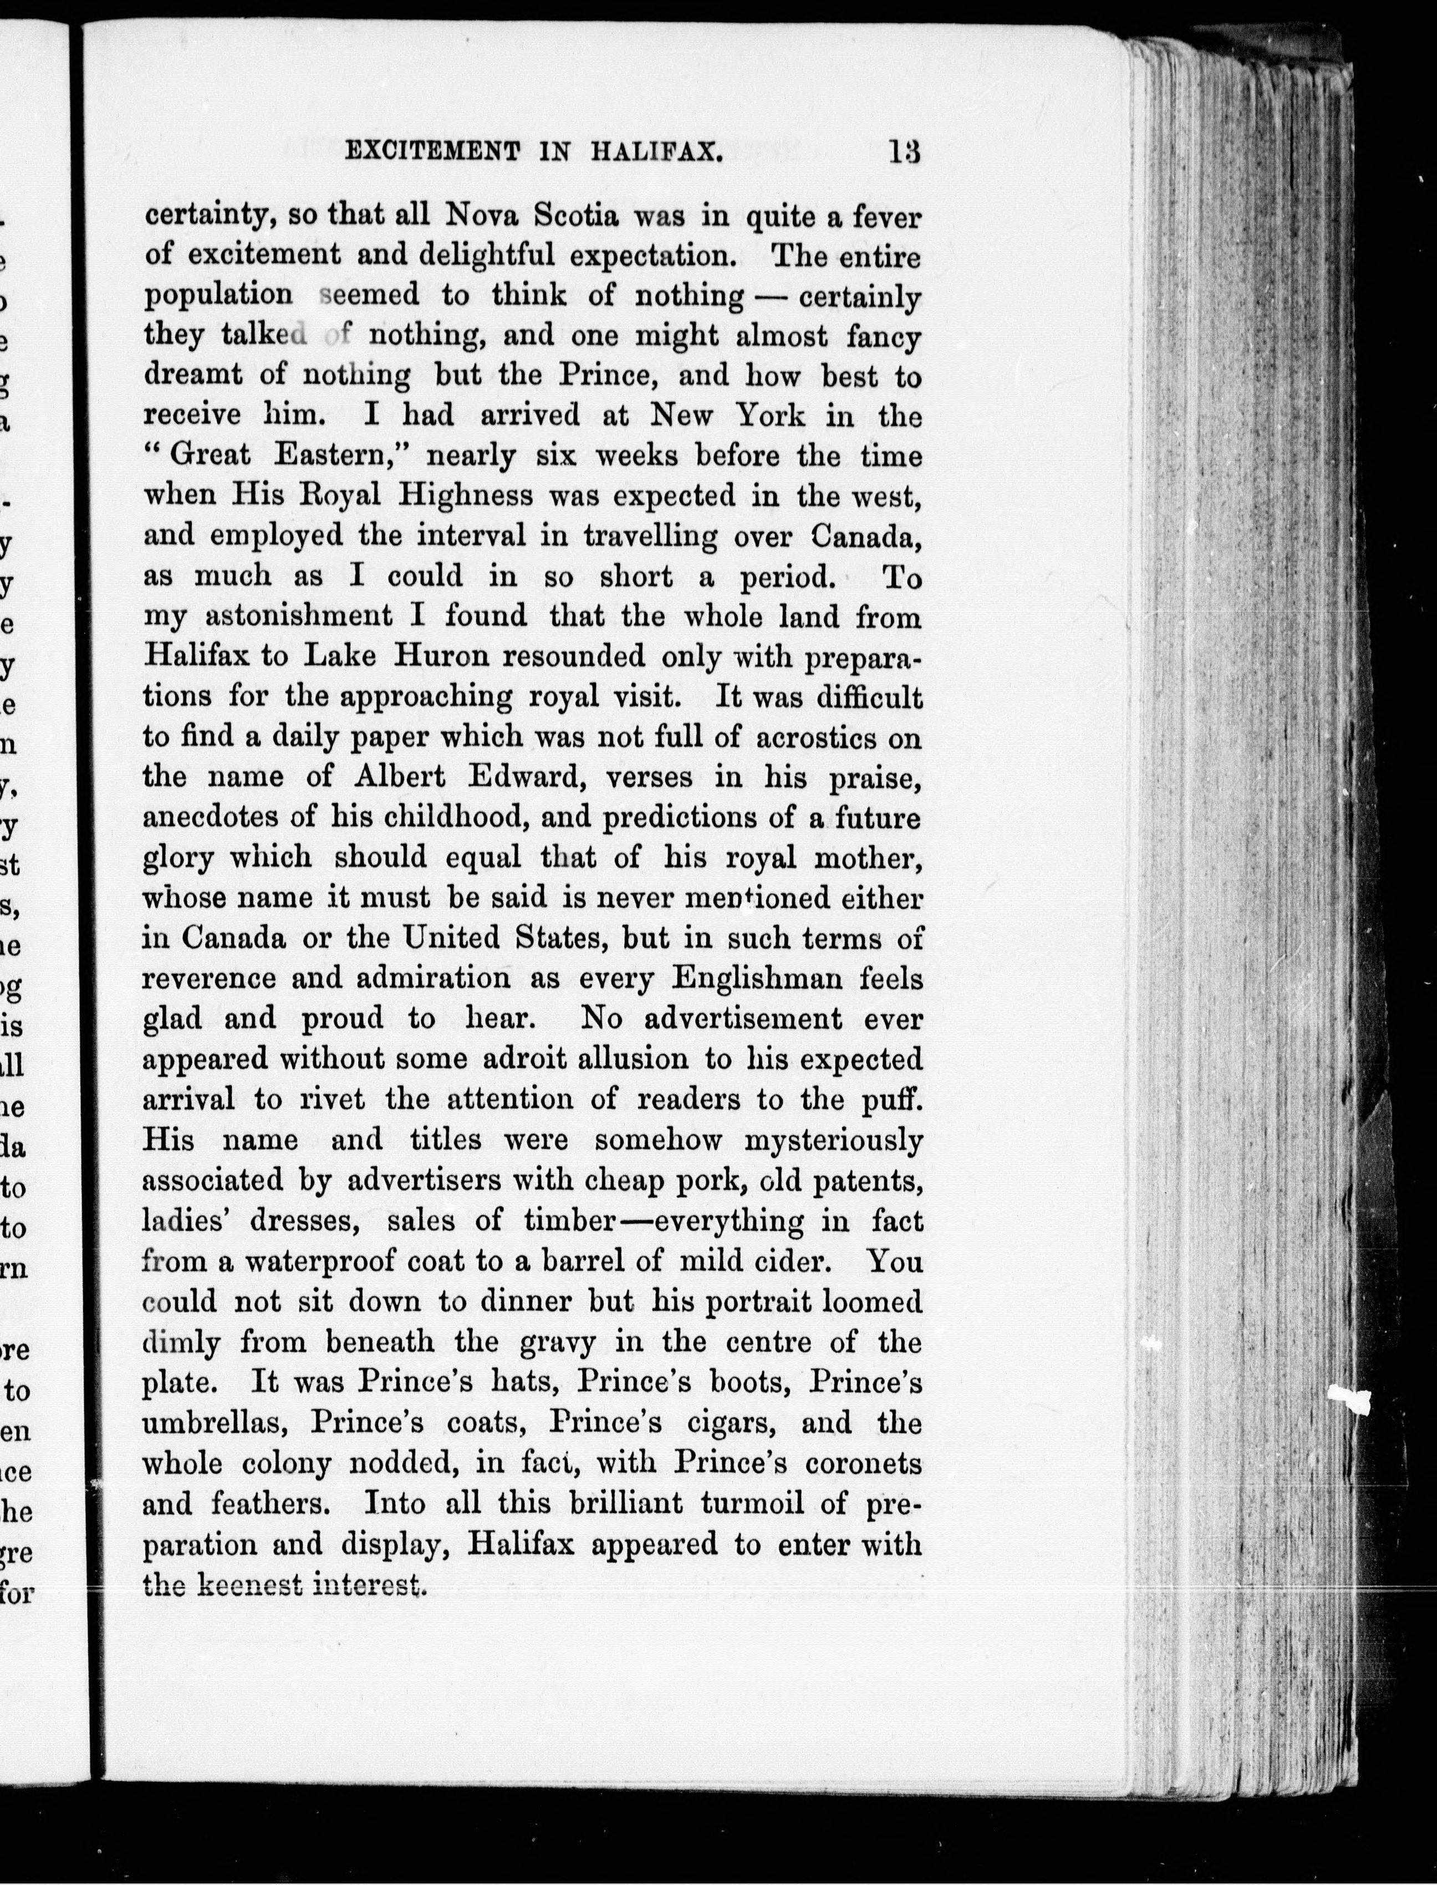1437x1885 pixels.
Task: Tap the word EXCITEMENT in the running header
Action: tap(432, 152)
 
